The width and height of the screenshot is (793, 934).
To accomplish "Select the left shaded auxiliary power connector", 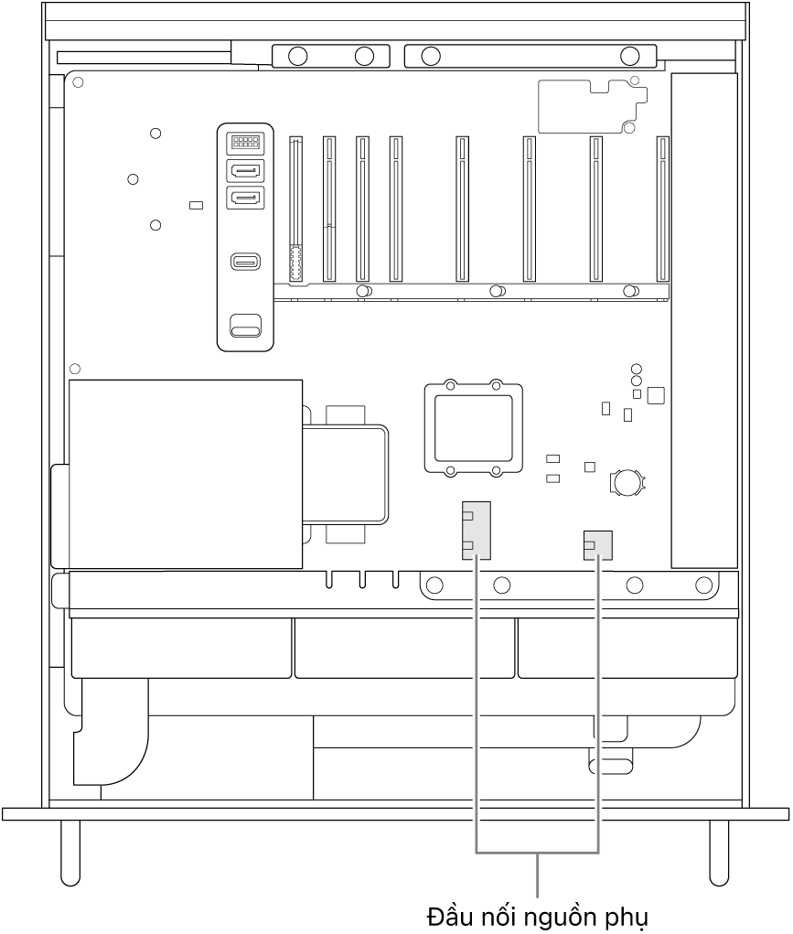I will [x=476, y=530].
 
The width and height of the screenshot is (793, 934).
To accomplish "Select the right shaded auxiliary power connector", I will [x=597, y=545].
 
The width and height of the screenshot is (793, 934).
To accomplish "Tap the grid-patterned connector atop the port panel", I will [x=244, y=142].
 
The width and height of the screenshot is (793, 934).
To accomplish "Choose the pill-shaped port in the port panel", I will [x=244, y=263].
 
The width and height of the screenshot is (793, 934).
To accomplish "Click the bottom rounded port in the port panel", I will [x=244, y=325].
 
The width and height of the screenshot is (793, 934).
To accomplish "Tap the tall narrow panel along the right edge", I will [x=703, y=320].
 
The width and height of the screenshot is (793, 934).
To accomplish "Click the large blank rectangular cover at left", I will [x=186, y=474].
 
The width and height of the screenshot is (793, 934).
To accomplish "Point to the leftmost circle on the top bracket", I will [x=297, y=57].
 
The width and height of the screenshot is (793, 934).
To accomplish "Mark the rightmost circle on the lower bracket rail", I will [x=702, y=584].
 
